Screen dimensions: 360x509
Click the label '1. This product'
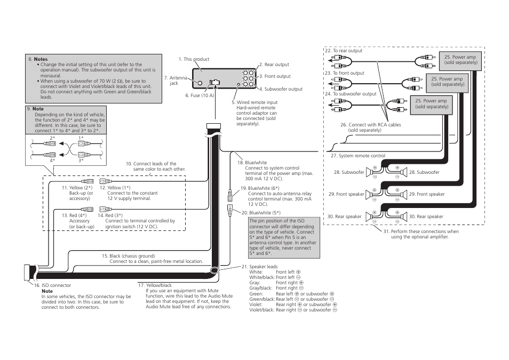pyautogui.click(x=194, y=59)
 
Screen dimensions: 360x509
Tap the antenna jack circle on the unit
pyautogui.click(x=199, y=83)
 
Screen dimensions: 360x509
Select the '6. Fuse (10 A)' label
pyautogui.click(x=200, y=96)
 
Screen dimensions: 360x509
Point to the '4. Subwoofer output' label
pyautogui.click(x=281, y=89)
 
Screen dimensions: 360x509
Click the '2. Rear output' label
pyautogui.click(x=274, y=65)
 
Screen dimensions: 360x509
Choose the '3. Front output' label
pyautogui.click(x=275, y=76)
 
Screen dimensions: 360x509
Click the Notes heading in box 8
pyautogui.click(x=41, y=59)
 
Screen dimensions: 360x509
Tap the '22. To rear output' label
pyautogui.click(x=344, y=51)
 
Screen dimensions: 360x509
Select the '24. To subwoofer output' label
pyautogui.click(x=351, y=94)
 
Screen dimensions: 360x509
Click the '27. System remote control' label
pyautogui.click(x=358, y=156)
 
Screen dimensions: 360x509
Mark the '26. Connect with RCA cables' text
pyautogui.click(x=370, y=125)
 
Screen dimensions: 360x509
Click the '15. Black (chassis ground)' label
pyautogui.click(x=128, y=256)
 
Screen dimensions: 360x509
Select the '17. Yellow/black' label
pyautogui.click(x=155, y=285)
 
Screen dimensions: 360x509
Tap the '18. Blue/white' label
pyautogui.click(x=252, y=163)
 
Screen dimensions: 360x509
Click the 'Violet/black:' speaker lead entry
pyautogui.click(x=261, y=310)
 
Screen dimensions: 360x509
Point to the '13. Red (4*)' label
pyautogui.click(x=77, y=215)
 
